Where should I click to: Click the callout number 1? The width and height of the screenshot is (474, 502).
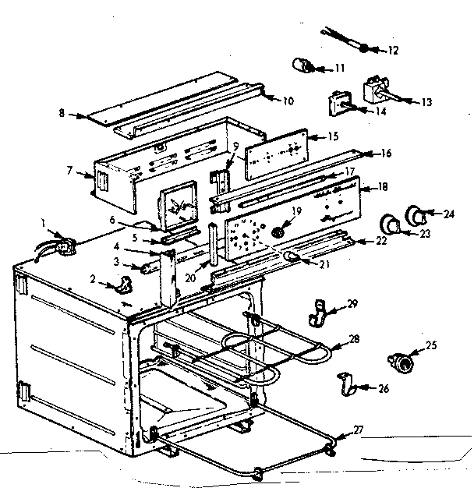pyautogui.click(x=44, y=222)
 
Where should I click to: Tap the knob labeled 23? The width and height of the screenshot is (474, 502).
pyautogui.click(x=389, y=224)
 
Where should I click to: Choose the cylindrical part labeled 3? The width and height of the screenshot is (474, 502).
pyautogui.click(x=145, y=267)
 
